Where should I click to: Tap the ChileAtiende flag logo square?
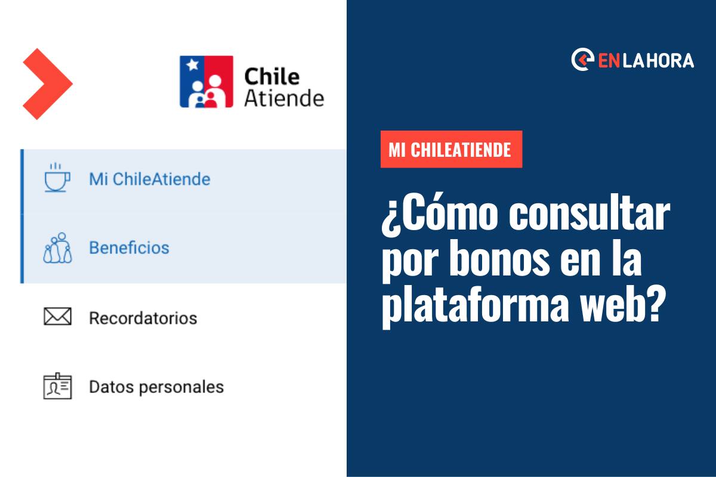[x=206, y=82]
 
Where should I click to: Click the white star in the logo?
[x=192, y=64]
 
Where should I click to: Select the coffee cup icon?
[x=57, y=178]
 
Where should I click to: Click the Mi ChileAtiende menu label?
[x=150, y=179]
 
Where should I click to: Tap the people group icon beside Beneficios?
[x=57, y=248]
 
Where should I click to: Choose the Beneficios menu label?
[x=129, y=248]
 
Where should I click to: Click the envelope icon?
[x=57, y=316]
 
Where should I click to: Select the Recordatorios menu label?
[x=143, y=318]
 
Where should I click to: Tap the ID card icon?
[x=57, y=386]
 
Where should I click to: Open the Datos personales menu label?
[x=156, y=387]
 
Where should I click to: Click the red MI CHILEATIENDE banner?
[x=451, y=149]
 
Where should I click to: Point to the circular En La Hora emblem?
[x=582, y=60]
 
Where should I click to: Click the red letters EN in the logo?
[x=609, y=61]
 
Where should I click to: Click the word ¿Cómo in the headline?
[x=440, y=213]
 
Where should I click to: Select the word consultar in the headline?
[x=590, y=212]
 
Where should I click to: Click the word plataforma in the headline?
[x=476, y=305]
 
